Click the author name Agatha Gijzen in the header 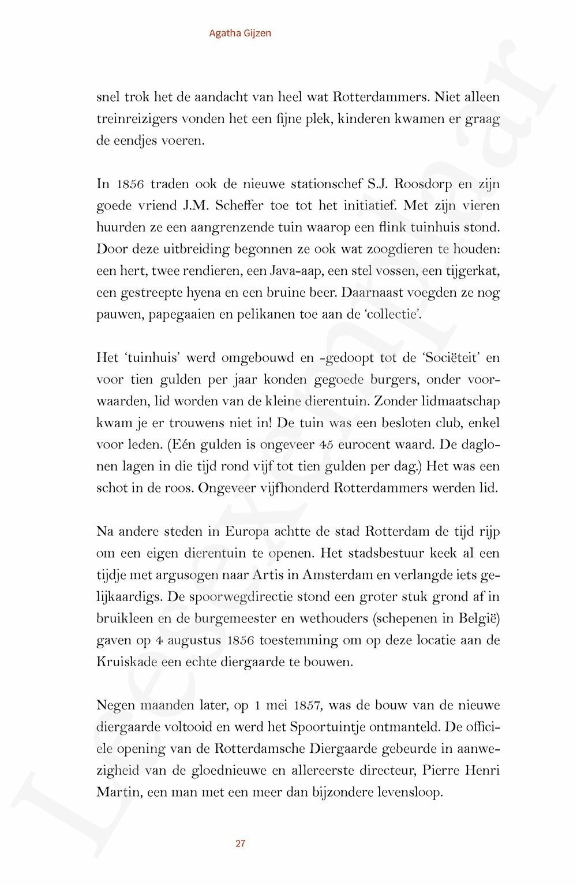(240, 33)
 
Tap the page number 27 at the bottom (241, 843)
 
